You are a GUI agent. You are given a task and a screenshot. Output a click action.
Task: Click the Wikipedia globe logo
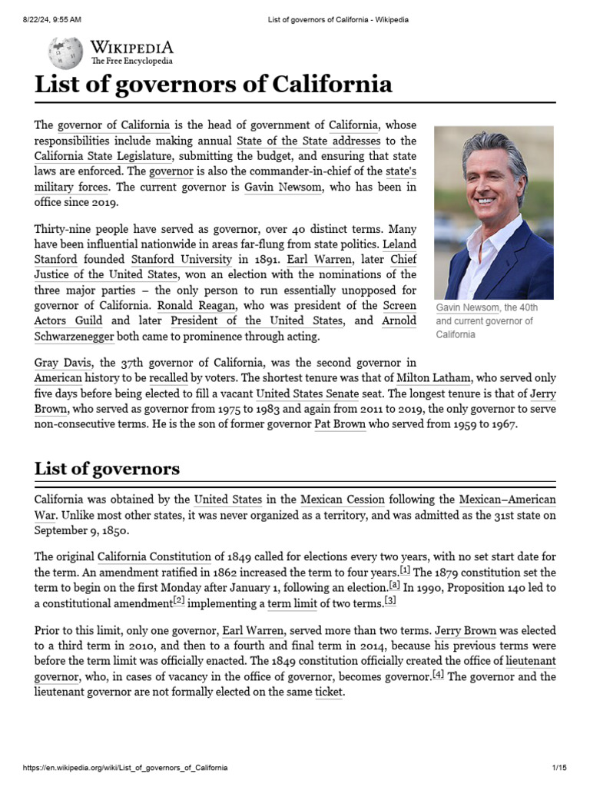65,53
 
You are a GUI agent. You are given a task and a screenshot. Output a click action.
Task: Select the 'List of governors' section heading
107,468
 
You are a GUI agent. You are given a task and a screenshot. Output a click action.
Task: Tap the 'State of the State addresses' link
307,141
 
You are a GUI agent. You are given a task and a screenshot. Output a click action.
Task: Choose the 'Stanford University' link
181,259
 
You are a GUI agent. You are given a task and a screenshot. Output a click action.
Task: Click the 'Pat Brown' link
340,424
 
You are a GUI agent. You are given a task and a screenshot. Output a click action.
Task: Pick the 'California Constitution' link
154,556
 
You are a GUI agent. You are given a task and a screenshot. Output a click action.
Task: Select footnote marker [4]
438,674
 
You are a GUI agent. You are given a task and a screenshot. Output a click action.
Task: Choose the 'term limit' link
291,603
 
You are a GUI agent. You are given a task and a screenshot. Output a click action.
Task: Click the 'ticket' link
329,692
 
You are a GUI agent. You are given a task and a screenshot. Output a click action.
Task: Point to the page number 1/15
559,768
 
